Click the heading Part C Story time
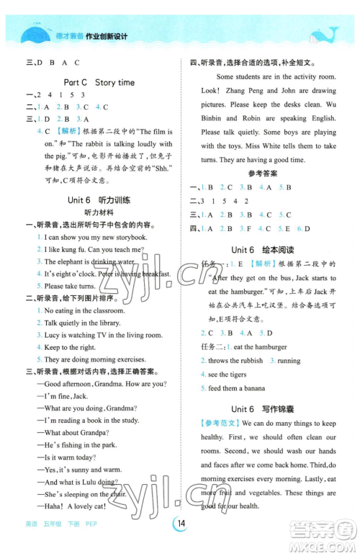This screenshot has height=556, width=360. (99, 82)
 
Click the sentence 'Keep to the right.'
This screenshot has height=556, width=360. (70, 347)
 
